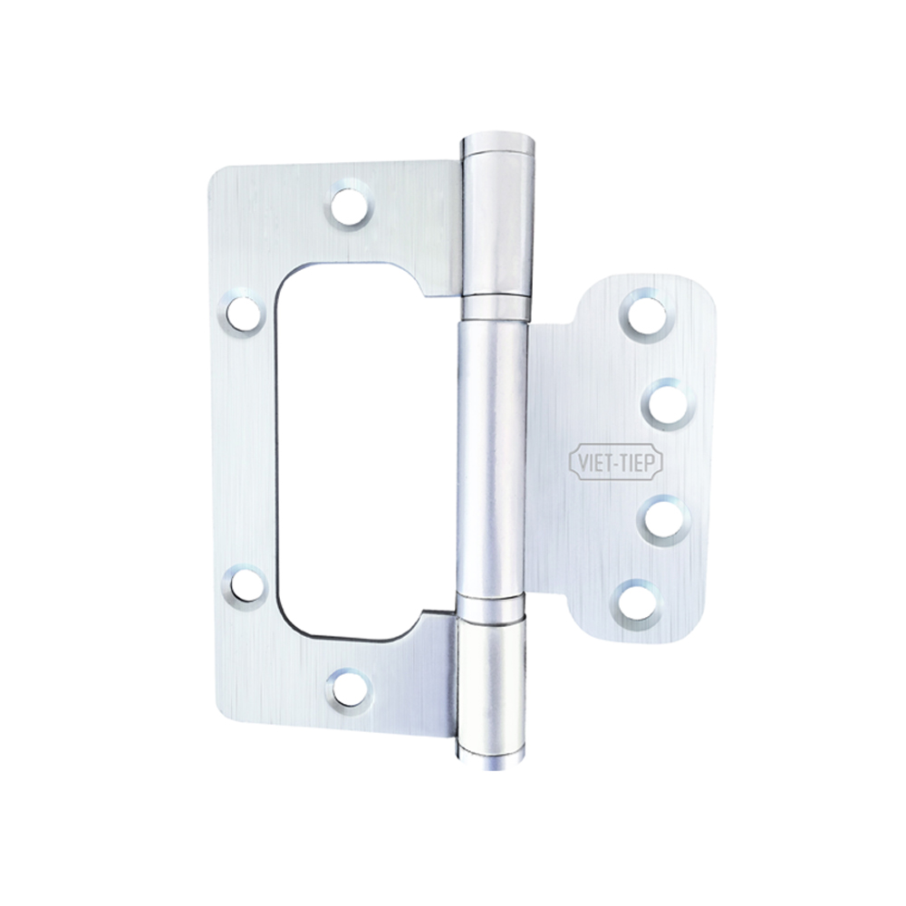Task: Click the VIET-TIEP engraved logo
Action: tap(617, 463)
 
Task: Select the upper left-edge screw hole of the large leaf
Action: tap(243, 313)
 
